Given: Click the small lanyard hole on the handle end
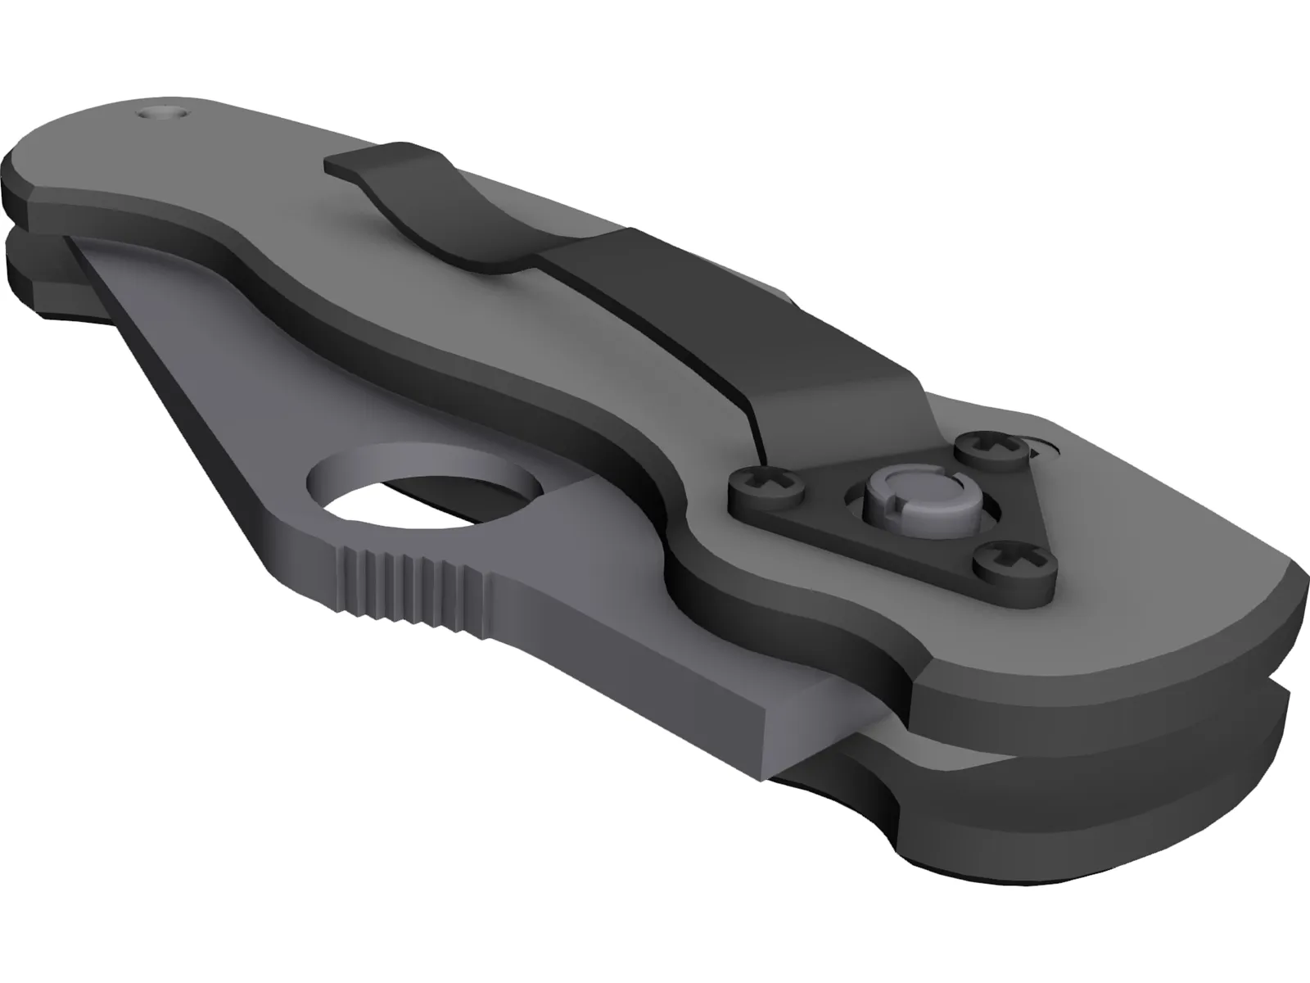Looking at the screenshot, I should tap(164, 113).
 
